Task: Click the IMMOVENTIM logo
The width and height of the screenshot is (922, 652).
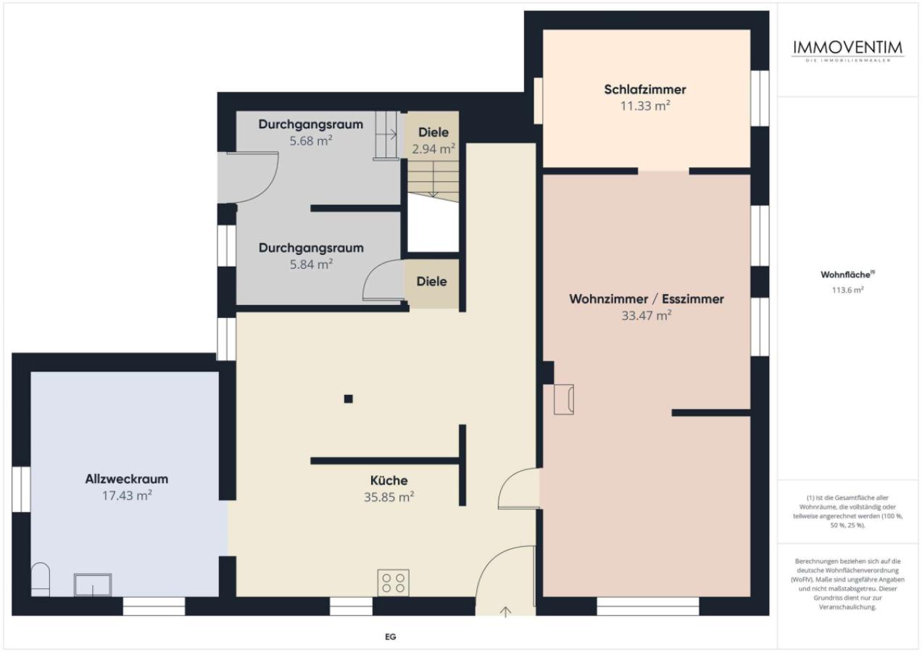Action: pos(848,49)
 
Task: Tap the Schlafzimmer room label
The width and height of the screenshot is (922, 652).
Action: pos(644,90)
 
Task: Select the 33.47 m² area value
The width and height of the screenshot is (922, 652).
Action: pos(647,315)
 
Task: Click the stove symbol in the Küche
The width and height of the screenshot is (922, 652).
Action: pos(393,582)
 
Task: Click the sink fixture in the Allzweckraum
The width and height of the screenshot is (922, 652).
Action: pos(93,585)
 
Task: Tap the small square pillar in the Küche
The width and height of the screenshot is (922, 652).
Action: pos(349,398)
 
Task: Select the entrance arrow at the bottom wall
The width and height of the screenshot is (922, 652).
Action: pos(506,611)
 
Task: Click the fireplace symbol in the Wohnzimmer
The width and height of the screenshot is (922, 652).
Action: pos(564,399)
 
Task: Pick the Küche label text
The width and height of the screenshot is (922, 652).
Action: pos(389,480)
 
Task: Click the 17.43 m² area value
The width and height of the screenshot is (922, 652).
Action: pos(127,496)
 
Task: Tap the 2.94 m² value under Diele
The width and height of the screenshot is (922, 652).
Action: pos(433,149)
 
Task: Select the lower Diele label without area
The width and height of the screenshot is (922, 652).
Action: pos(432,281)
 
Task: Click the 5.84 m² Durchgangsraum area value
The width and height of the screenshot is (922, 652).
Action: pos(310,264)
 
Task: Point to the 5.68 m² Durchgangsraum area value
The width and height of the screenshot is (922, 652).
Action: pos(310,141)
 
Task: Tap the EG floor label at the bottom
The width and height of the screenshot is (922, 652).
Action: pos(390,638)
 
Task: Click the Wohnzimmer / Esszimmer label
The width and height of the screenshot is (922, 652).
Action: pos(647,298)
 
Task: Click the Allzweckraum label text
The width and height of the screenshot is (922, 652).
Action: pos(127,479)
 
